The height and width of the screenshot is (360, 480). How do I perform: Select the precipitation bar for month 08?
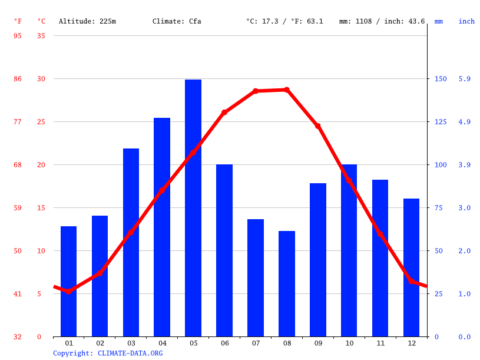click(x=287, y=283)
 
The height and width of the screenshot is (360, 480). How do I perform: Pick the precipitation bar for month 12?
click(x=411, y=267)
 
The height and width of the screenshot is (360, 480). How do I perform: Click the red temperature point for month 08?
click(x=287, y=90)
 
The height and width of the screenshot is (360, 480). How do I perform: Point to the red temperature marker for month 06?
click(x=224, y=112)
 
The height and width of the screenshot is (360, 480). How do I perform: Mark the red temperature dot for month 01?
click(x=69, y=291)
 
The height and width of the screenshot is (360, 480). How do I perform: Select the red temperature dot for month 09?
click(x=318, y=126)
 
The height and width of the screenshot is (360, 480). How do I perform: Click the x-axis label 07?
click(x=256, y=343)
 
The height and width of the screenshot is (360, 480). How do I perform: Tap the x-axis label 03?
click(x=131, y=343)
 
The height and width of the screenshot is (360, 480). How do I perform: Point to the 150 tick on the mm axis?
click(x=441, y=79)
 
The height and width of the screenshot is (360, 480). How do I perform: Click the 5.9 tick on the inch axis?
click(x=465, y=79)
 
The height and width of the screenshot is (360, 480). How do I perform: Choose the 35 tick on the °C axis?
click(x=41, y=36)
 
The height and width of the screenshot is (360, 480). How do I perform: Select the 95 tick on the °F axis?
click(x=18, y=36)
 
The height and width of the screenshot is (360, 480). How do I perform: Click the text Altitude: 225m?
click(x=87, y=21)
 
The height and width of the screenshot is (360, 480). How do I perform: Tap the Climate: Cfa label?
click(x=177, y=21)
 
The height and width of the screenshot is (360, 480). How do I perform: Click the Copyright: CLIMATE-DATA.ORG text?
click(x=108, y=353)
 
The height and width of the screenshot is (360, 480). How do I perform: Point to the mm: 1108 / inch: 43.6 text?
click(x=382, y=21)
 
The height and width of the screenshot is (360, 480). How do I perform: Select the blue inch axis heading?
click(x=466, y=21)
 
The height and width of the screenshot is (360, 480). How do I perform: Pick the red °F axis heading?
click(x=18, y=21)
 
